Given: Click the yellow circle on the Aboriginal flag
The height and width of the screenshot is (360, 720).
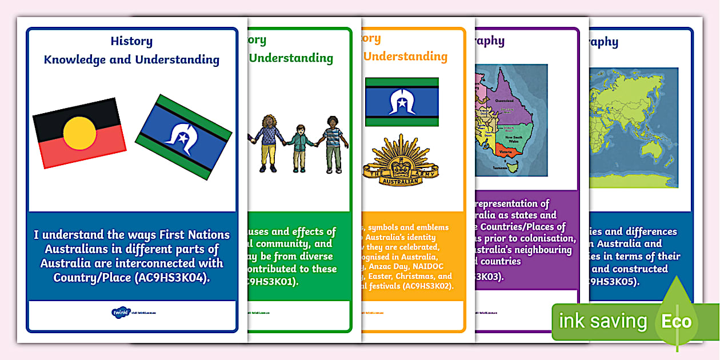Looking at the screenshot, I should pos(79,134).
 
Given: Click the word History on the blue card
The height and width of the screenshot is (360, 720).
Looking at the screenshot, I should pos(131,41).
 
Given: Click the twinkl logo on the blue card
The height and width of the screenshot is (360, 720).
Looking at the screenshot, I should pos(121,312).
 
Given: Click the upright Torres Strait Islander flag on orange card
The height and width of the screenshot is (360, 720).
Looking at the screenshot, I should pos(402,102).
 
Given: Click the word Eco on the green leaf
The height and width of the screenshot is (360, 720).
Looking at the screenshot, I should pos(676,321).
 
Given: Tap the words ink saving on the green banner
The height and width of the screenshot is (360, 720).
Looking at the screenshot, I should pos(602,321).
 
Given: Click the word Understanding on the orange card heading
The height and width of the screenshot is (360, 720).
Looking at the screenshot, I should pos(406,57).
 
